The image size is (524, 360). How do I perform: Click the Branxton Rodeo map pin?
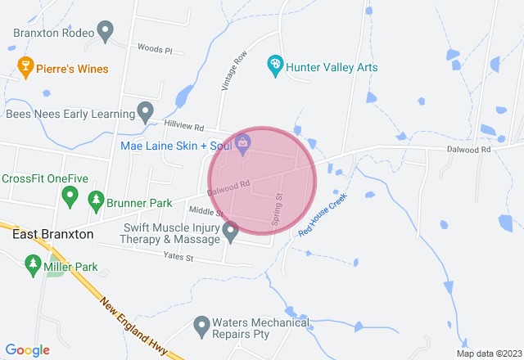point(105,32)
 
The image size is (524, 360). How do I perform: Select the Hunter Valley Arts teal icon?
point(276,64)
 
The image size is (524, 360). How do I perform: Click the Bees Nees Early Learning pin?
point(146,110)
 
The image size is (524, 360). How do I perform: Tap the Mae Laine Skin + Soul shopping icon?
point(244,143)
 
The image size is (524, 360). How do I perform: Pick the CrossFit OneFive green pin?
point(70,196)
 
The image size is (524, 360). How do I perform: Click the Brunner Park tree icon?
point(96,200)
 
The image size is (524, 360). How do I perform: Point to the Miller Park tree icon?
point(34,263)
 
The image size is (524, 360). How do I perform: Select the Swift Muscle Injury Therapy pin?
point(231,233)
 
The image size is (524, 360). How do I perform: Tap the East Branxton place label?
point(53,234)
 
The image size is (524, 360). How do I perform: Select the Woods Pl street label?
point(155,50)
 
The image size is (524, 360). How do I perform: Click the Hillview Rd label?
point(182,126)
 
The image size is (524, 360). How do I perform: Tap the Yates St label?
point(178,258)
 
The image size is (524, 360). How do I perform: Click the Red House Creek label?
point(323,215)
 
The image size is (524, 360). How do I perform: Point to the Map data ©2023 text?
point(488,353)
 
